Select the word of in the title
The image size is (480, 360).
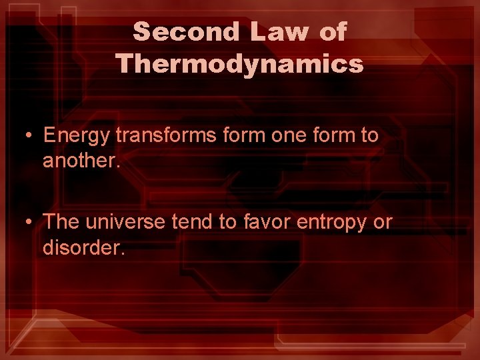pos(333,31)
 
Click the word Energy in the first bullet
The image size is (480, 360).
pos(77,135)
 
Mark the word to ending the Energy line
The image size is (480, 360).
pos(369,135)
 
